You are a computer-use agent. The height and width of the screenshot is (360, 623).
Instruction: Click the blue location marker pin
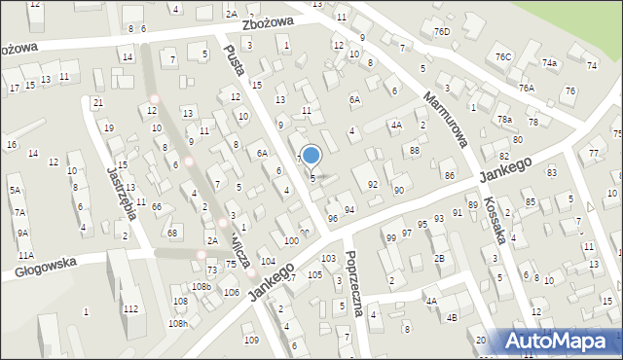tap(311, 155)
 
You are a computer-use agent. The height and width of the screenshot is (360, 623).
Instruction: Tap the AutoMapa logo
tap(560, 342)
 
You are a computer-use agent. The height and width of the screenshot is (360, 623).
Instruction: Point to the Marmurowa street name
tap(446, 120)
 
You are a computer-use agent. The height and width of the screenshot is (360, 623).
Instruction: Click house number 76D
tap(442, 32)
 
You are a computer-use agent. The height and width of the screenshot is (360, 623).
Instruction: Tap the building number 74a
tap(550, 62)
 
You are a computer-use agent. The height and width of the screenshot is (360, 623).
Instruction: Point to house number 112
tap(131, 308)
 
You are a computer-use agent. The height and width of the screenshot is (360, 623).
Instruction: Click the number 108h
tap(177, 323)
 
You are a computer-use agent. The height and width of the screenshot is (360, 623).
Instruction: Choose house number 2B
tap(439, 258)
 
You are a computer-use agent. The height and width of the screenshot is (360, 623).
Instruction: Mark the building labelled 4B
tap(452, 317)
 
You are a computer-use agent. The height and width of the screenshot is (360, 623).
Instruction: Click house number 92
tap(373, 184)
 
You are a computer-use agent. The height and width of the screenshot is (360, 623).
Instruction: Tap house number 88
tap(414, 150)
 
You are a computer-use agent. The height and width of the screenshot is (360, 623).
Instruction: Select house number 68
tap(171, 232)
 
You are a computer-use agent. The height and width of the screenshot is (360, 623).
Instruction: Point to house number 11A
tap(25, 255)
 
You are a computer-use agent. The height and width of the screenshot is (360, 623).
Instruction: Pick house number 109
tap(251, 340)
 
